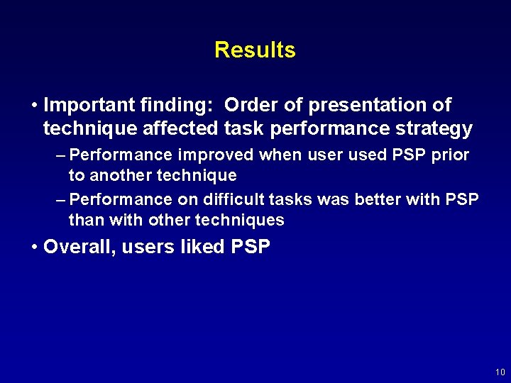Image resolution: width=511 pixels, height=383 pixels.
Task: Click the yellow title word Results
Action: [x=255, y=50]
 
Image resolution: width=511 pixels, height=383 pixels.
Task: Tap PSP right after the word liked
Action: [x=251, y=247]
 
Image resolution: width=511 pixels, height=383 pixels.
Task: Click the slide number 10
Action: [x=500, y=372]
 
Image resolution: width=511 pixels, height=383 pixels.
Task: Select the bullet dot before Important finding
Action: [x=35, y=106]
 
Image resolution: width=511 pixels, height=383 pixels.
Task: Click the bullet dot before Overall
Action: [x=35, y=248]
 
